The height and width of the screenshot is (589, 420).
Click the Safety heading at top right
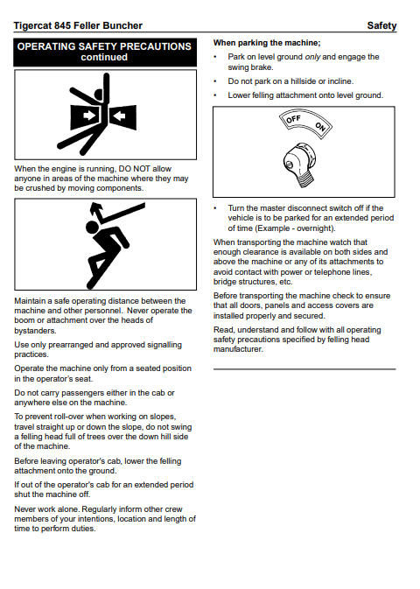(381, 25)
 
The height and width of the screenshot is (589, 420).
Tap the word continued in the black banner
(104, 57)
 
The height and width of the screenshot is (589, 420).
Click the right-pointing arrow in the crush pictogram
(88, 115)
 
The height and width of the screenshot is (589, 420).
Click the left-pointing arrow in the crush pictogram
(120, 116)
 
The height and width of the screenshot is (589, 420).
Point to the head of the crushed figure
(99, 95)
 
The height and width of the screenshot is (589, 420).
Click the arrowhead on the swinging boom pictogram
(95, 207)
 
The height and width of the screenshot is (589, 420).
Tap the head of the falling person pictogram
(92, 227)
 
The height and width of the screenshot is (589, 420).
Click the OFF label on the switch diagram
(293, 119)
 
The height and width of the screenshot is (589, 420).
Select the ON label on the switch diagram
(320, 127)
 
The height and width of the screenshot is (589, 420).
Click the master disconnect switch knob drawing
(299, 164)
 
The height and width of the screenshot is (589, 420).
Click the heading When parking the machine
(267, 43)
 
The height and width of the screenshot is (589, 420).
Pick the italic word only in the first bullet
(312, 57)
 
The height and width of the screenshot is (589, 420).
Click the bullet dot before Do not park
(215, 81)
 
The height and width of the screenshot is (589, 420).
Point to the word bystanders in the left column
(35, 331)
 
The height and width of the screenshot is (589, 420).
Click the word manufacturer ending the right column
(238, 349)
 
